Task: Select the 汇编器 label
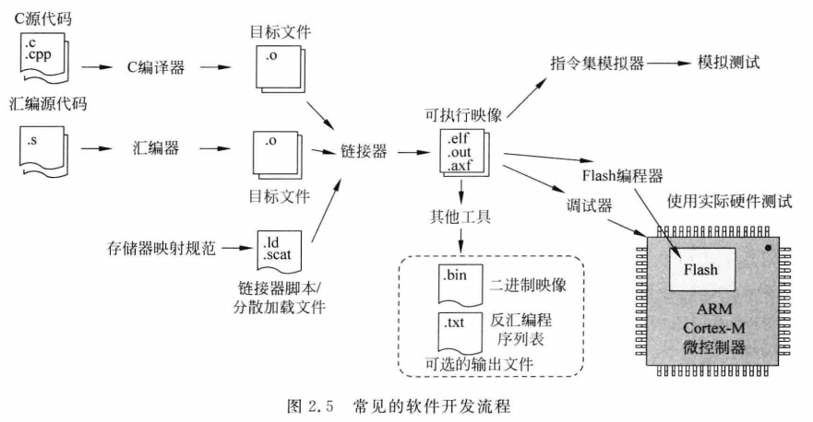153,147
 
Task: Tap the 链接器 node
362,147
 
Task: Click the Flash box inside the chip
701,270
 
